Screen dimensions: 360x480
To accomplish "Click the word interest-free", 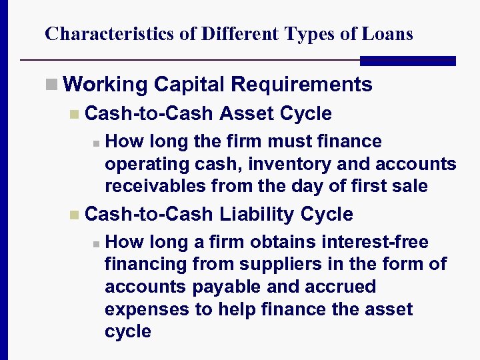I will pyautogui.click(x=367, y=242).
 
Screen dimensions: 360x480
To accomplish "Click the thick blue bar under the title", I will pyautogui.click(x=407, y=61).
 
